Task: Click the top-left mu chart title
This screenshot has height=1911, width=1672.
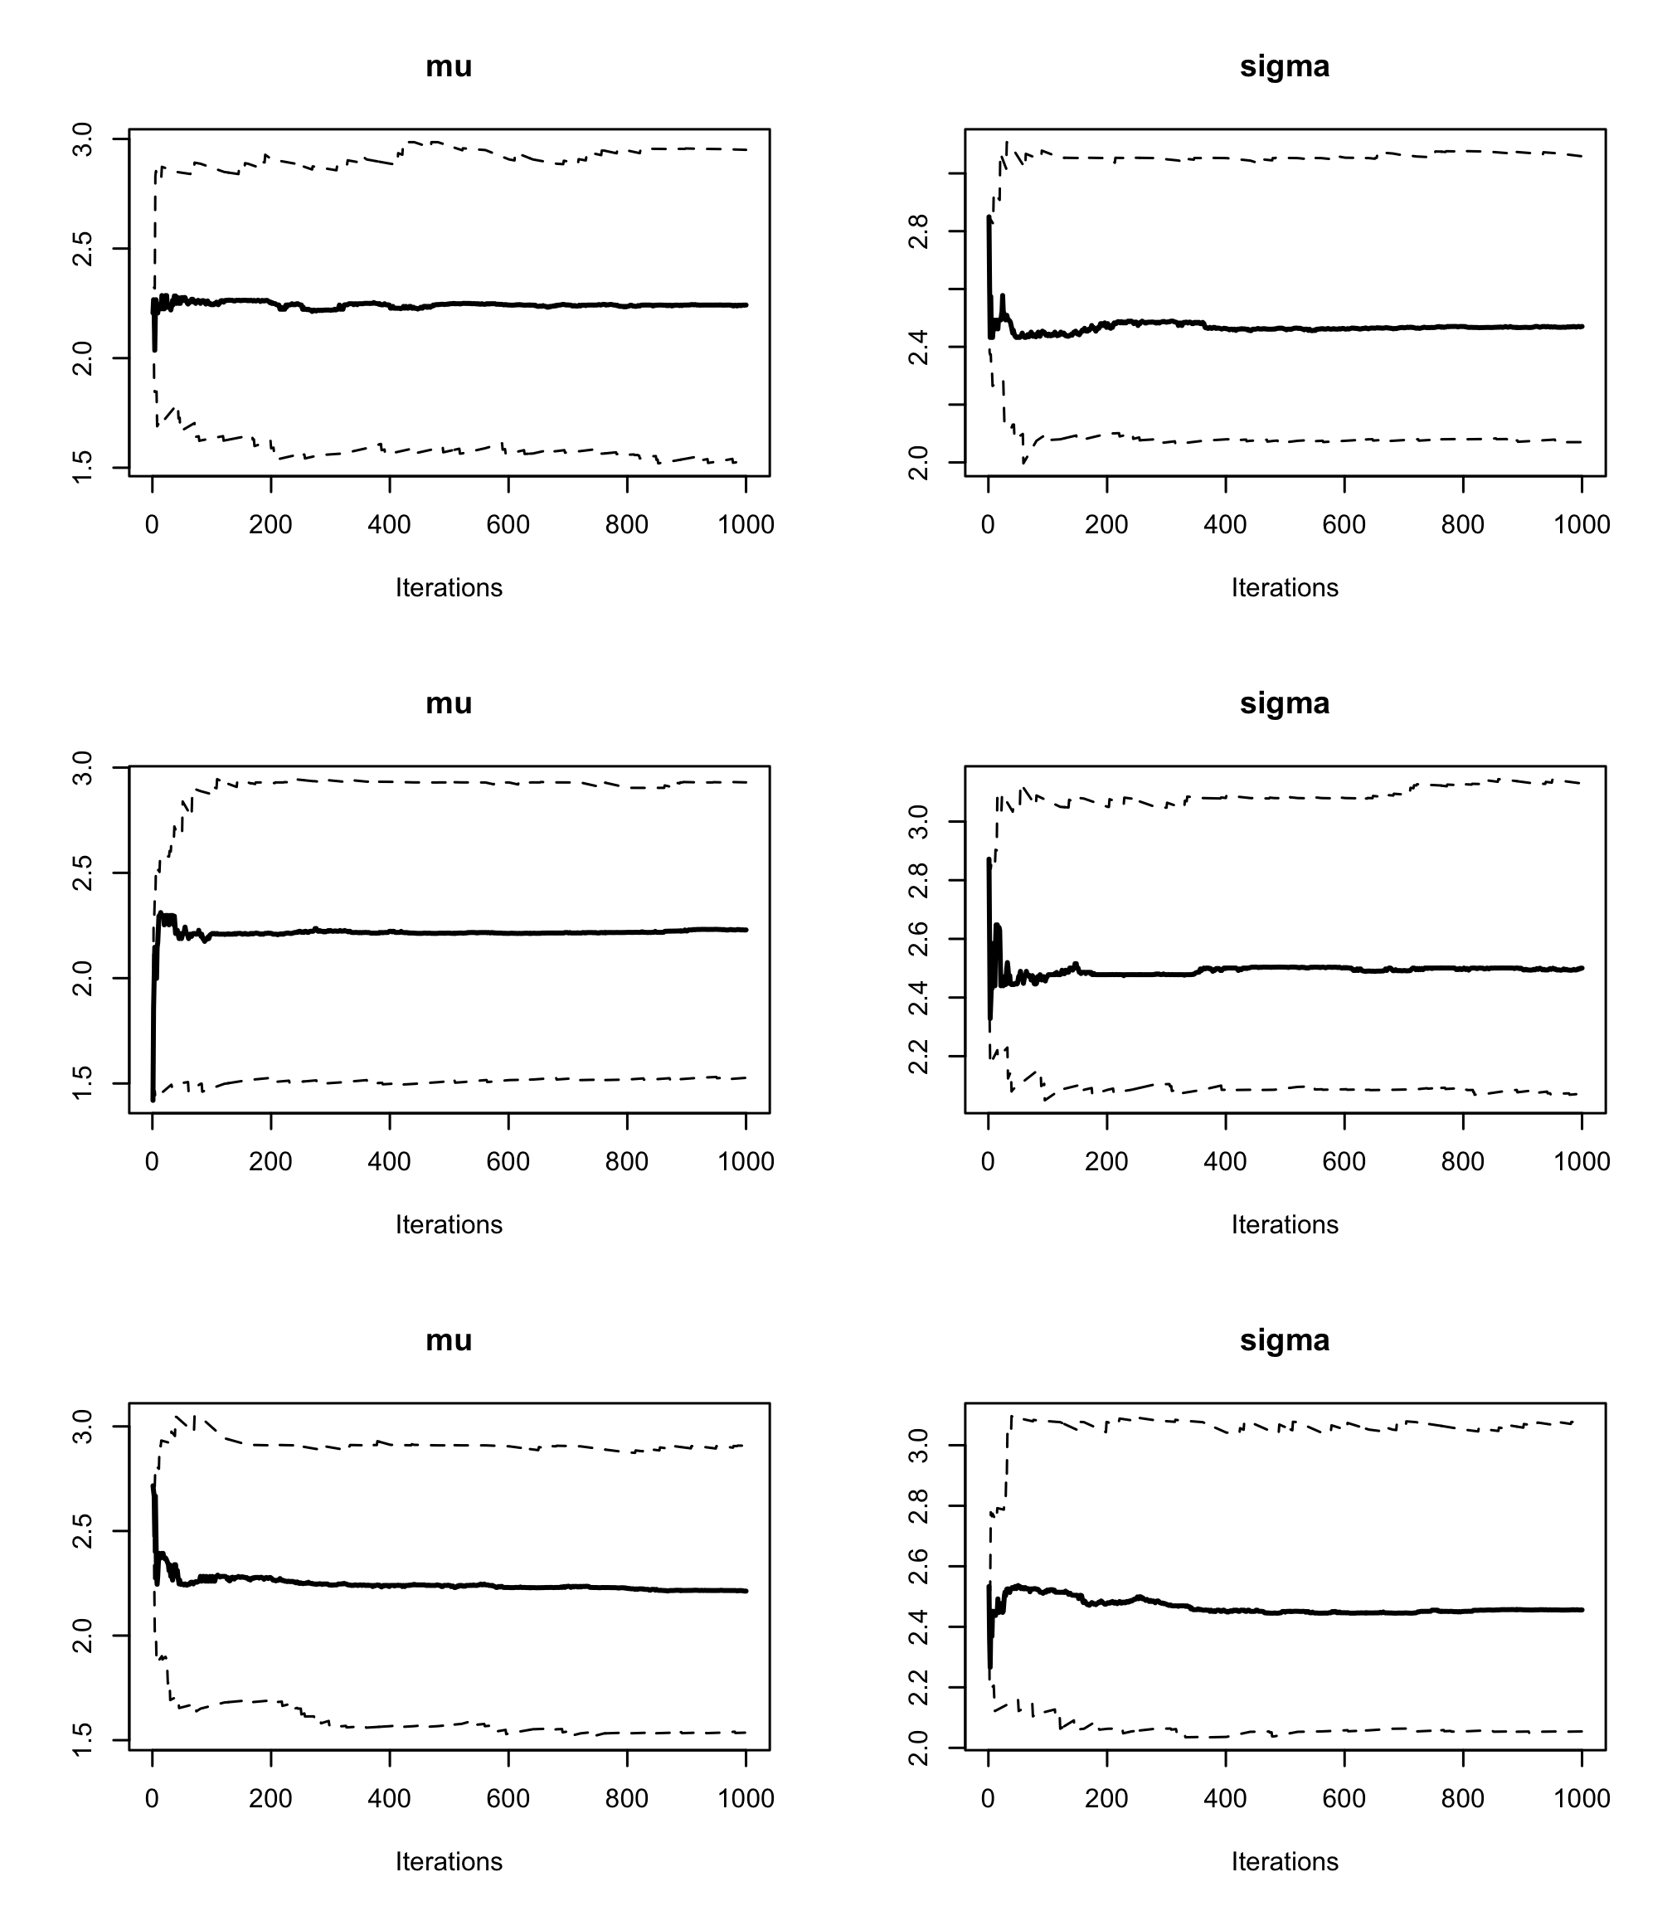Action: point(449,66)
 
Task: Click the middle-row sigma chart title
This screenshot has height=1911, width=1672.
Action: point(1284,703)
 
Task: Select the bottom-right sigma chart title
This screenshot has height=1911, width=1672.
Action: point(1284,1340)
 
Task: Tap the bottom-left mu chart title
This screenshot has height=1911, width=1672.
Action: point(449,1340)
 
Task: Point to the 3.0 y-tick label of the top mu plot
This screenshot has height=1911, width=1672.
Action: point(83,139)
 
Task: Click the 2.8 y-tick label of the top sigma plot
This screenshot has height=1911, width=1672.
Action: point(919,231)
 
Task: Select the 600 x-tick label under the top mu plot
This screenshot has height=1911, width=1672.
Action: point(508,524)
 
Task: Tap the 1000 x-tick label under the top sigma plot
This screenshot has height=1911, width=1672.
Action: point(1582,524)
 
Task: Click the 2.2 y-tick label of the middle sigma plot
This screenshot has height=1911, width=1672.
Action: point(919,1057)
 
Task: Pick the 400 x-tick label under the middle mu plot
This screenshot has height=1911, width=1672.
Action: point(389,1162)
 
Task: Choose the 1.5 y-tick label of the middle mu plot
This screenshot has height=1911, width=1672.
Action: point(83,1083)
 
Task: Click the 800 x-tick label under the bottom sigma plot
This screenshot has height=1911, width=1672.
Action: point(1462,1799)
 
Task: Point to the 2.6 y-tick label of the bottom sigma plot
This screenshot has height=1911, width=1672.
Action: point(919,1567)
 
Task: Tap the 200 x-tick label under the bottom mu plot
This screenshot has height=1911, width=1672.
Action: point(270,1799)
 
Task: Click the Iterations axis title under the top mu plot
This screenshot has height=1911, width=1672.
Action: point(449,588)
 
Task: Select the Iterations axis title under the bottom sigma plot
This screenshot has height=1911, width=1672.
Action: point(1284,1861)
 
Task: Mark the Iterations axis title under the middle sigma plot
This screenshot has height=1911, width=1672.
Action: point(1284,1224)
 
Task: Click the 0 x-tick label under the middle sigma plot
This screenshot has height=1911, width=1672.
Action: point(988,1162)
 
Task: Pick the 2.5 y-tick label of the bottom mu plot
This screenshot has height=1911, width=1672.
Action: point(83,1531)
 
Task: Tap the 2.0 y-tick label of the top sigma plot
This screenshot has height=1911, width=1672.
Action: point(919,463)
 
